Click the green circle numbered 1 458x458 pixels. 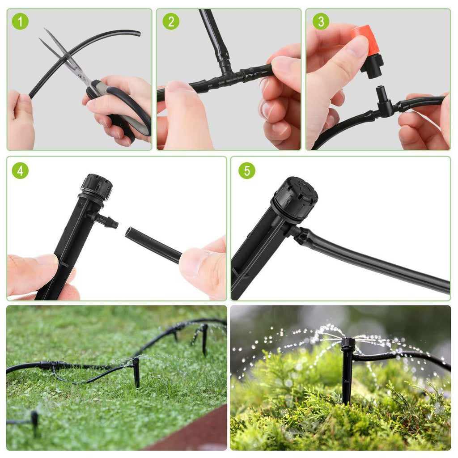point(20,21)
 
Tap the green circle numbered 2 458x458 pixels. point(170,21)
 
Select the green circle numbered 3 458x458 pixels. point(321,21)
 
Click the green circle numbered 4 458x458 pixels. point(20,170)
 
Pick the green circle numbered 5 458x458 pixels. point(246,170)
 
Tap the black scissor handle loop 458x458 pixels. point(134,107)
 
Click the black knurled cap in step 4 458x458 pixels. point(96,186)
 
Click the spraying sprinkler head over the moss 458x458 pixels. point(348,344)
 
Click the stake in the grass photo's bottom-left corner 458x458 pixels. point(34,420)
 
